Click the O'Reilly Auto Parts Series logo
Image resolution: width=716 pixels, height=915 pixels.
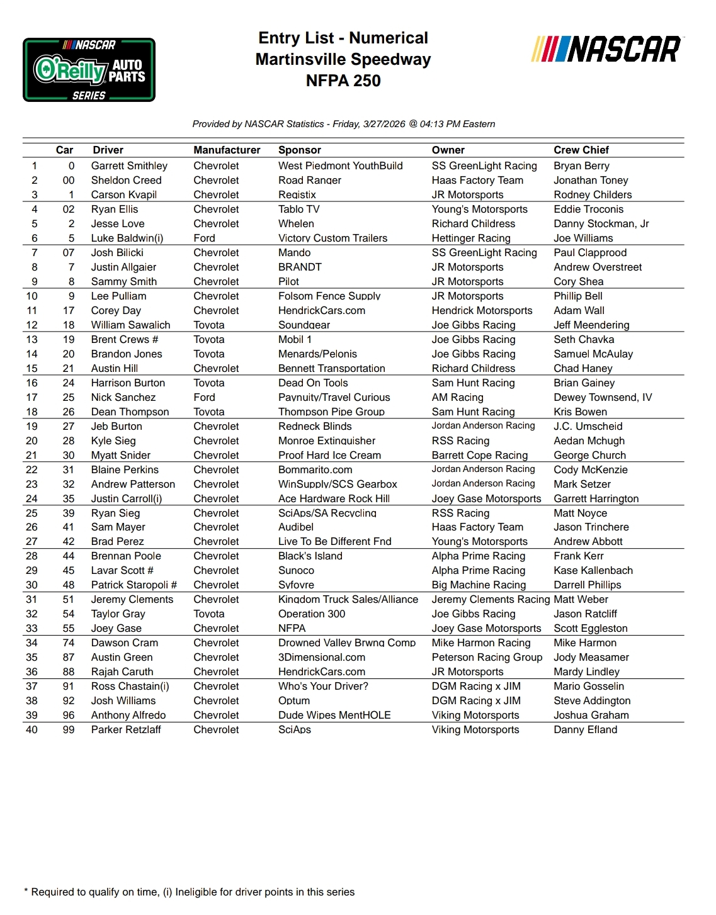coord(89,70)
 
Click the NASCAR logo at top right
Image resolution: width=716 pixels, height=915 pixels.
coord(606,50)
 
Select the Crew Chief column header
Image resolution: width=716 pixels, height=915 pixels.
coord(581,150)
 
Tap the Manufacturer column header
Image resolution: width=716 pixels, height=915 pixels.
coord(227,150)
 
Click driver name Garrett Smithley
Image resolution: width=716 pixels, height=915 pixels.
coord(129,166)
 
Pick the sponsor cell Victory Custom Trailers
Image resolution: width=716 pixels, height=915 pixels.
coord(332,238)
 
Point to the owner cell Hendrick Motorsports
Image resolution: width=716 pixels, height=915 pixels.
coord(482,310)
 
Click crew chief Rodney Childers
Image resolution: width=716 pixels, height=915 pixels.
coord(593,194)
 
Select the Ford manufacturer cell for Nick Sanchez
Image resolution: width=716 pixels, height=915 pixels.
coord(204,397)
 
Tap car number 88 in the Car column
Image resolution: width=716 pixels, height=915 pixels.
coord(69,671)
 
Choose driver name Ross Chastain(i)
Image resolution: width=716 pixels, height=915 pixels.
coord(130,686)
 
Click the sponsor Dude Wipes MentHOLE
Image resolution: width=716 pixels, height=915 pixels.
coord(334,715)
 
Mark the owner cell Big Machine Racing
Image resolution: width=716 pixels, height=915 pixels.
coord(479,585)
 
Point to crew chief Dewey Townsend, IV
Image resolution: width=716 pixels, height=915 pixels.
coord(603,397)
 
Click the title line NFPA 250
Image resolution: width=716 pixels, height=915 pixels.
coord(343,81)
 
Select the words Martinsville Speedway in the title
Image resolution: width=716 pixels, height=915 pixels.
coord(343,59)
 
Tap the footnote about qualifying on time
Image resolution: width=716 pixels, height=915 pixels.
coord(189,892)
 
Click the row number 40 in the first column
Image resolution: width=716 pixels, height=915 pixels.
coord(31,729)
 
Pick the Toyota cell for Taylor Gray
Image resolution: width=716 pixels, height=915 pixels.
coord(208,614)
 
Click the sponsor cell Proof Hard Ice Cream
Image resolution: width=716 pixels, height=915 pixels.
coord(329,455)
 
